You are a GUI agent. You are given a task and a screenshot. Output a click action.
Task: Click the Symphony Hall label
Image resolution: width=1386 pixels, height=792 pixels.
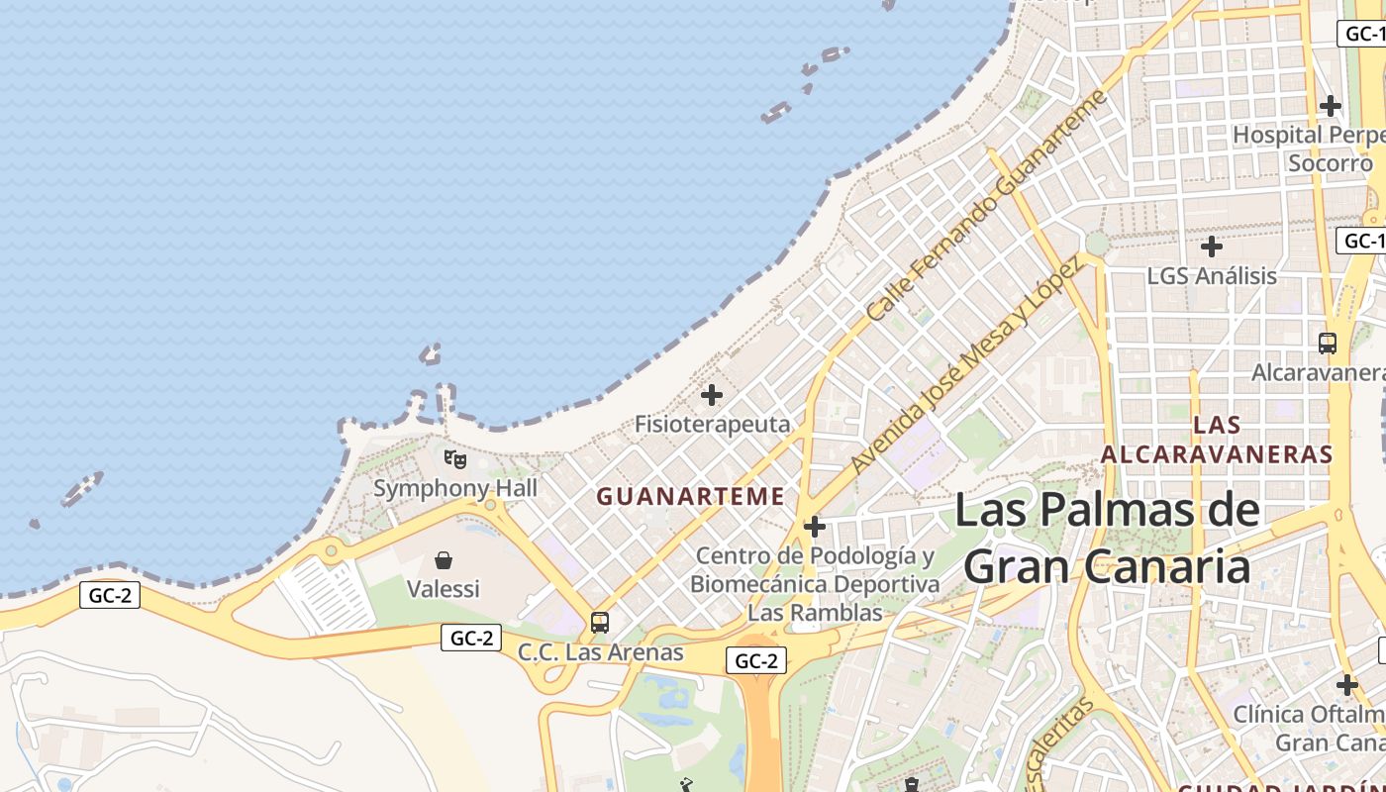click(x=455, y=488)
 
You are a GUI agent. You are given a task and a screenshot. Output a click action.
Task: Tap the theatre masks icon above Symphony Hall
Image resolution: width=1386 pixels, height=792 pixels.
click(x=455, y=459)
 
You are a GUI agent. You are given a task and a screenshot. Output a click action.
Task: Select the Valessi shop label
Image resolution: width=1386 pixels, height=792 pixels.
click(x=444, y=589)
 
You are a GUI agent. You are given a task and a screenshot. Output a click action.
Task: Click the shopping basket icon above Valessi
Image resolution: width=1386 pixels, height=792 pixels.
click(x=444, y=560)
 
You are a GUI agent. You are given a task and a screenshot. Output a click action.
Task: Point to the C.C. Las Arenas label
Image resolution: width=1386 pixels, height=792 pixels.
click(x=600, y=652)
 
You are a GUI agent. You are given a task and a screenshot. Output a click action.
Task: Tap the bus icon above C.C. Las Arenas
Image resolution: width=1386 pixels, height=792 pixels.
click(x=600, y=623)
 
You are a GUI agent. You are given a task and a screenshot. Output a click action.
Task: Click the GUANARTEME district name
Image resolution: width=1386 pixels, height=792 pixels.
click(x=690, y=496)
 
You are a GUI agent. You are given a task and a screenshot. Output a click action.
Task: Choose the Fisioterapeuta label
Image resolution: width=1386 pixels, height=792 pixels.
click(x=713, y=425)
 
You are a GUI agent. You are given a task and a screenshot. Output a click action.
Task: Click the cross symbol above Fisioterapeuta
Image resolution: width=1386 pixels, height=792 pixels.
click(x=712, y=396)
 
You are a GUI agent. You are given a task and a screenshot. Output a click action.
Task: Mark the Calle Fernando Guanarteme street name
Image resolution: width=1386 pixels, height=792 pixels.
click(x=985, y=206)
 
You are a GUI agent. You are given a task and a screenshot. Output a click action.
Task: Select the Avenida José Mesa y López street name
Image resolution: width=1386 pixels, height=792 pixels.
click(x=965, y=364)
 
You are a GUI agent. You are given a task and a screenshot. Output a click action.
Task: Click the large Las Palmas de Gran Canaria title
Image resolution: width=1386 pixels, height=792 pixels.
click(x=1107, y=540)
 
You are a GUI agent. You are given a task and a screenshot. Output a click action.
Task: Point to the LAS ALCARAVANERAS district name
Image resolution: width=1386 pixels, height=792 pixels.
click(x=1217, y=440)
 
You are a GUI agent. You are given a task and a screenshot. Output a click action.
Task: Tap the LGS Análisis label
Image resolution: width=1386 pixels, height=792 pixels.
click(x=1212, y=275)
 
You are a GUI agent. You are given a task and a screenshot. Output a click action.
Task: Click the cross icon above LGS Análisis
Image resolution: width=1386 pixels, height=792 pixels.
click(x=1212, y=247)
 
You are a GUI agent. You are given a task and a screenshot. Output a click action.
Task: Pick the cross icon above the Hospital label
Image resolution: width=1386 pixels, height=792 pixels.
click(x=1331, y=105)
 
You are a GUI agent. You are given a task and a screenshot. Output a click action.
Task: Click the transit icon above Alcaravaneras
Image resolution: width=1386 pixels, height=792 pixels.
click(x=1328, y=344)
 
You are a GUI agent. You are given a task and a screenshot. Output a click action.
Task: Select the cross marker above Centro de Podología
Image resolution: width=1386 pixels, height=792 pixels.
click(x=815, y=527)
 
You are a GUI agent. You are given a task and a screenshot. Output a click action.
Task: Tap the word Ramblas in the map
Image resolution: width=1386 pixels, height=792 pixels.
click(x=841, y=613)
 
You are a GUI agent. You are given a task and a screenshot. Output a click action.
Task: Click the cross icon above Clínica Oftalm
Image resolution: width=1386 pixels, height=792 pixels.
click(x=1346, y=684)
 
